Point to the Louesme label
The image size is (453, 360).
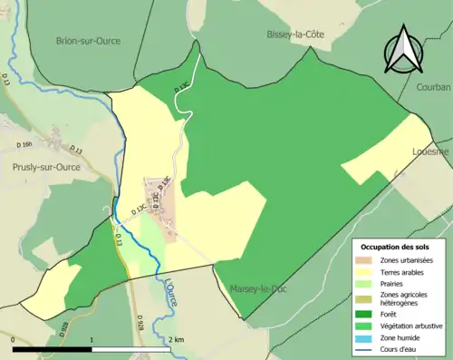430,151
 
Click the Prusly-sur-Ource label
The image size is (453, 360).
46,167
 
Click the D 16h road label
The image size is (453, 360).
24,144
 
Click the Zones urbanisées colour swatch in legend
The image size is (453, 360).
367,260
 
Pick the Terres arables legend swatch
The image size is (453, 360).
367,271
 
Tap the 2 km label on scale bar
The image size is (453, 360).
177,338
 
